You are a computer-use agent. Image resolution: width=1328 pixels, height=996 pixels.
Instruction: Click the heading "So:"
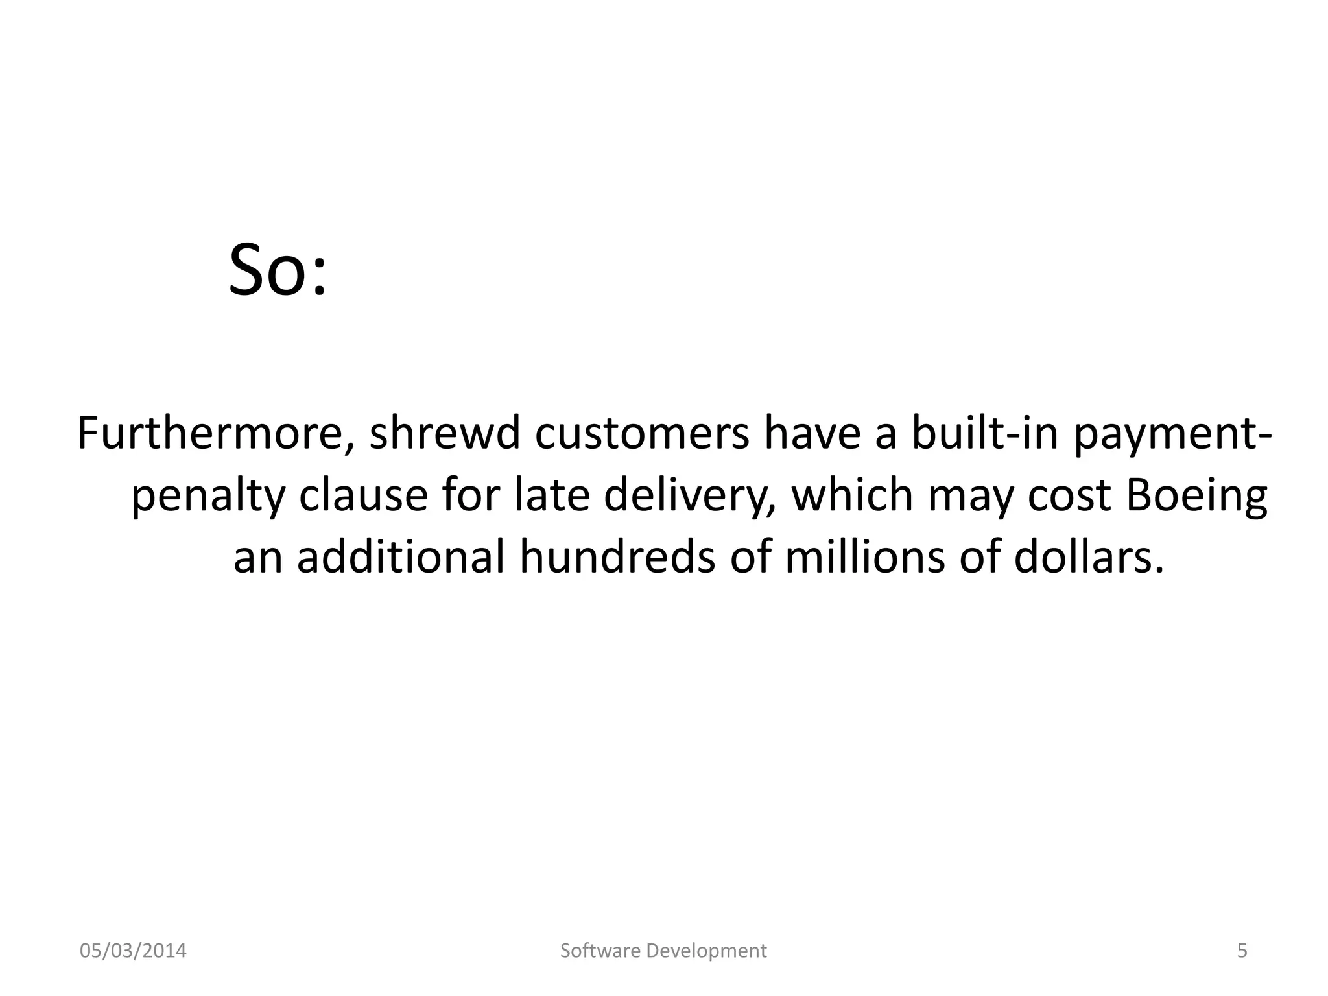pyautogui.click(x=278, y=269)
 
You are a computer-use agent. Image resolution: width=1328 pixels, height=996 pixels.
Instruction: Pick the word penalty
pyautogui.click(x=207, y=497)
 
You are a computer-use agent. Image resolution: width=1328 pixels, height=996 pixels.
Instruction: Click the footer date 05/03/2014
pyautogui.click(x=133, y=951)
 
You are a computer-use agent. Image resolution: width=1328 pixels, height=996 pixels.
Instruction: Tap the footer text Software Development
pyautogui.click(x=663, y=951)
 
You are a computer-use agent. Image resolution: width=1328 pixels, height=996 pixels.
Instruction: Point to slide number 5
pyautogui.click(x=1242, y=951)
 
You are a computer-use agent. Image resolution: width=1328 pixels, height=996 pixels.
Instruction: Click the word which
pyautogui.click(x=852, y=495)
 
